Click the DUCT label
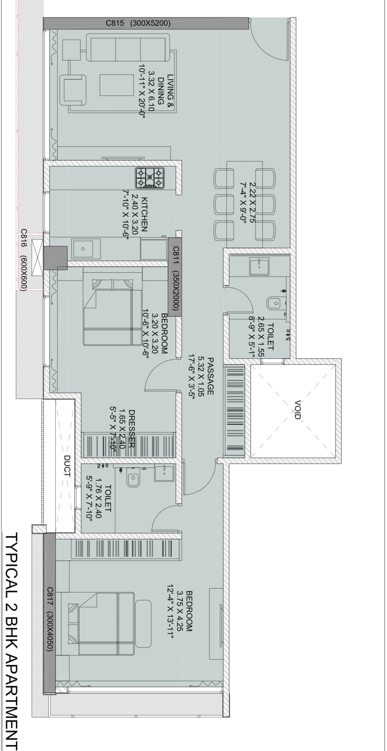point(67,466)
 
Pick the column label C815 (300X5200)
point(138,23)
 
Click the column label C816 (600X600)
point(23,260)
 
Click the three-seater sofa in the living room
point(128,48)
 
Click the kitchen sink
point(83,249)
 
